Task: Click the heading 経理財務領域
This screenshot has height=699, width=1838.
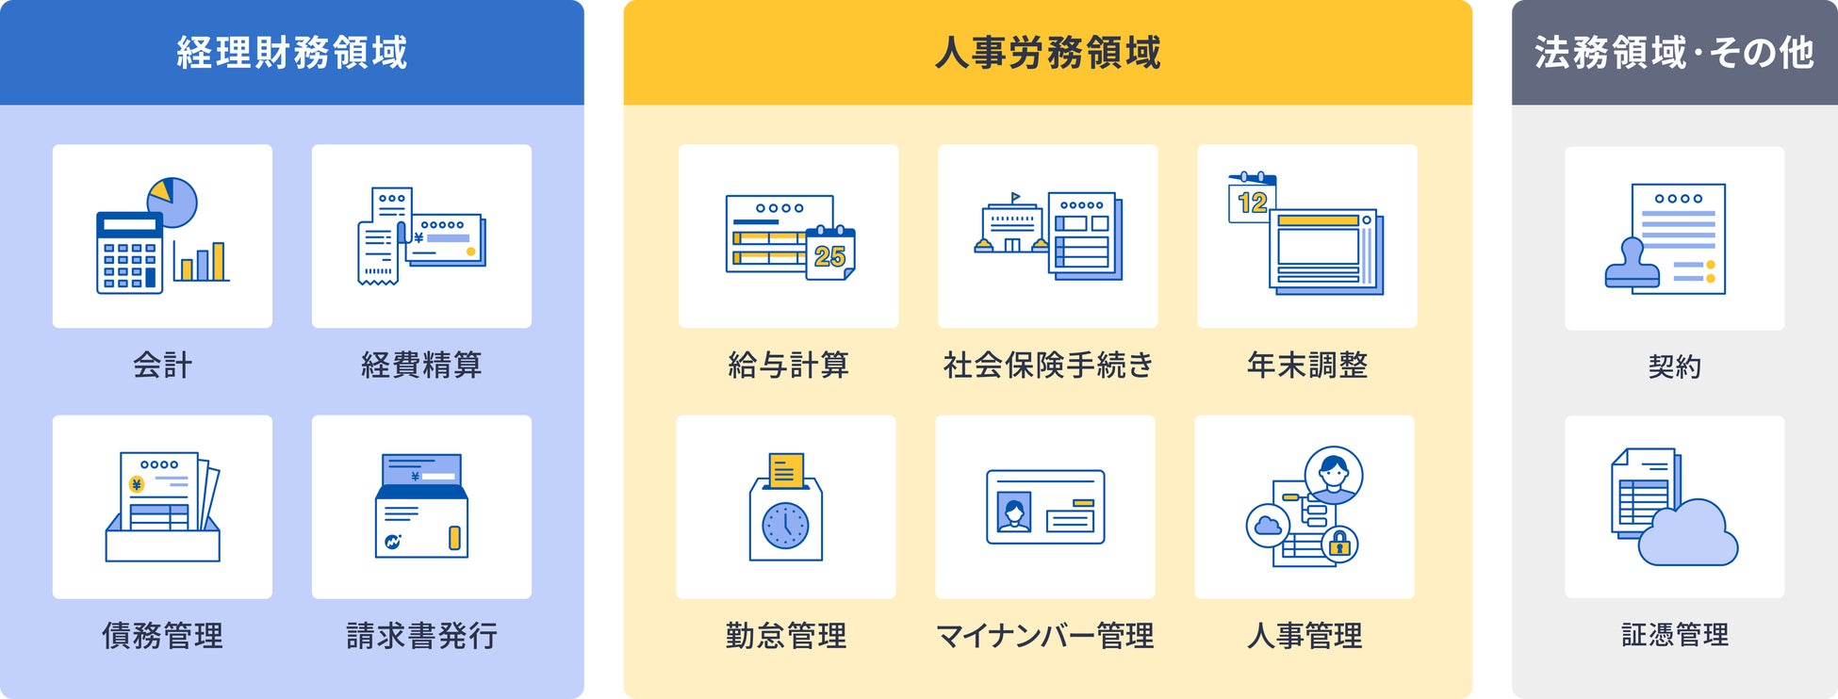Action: tap(291, 53)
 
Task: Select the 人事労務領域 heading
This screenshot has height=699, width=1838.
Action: tap(1047, 53)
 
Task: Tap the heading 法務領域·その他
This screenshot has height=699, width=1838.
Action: tap(1674, 53)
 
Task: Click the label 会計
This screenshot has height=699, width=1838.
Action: tap(162, 365)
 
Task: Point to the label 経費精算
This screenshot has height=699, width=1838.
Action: tap(421, 365)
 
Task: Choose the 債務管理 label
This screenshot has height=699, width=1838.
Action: tap(162, 636)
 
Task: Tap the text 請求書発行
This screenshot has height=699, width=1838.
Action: tap(421, 636)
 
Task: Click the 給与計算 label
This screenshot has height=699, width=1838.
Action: tap(788, 365)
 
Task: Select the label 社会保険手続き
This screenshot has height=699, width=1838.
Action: tap(1047, 365)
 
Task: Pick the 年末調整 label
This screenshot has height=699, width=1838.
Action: tap(1306, 365)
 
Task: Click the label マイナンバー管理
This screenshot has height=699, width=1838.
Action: tap(1044, 636)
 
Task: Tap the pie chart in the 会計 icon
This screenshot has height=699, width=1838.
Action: tap(172, 202)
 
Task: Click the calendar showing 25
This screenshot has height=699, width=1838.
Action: tap(829, 253)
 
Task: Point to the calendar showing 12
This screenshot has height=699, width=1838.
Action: tap(1251, 200)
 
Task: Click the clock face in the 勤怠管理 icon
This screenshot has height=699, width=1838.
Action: tap(785, 526)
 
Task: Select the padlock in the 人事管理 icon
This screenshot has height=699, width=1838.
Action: tap(1338, 544)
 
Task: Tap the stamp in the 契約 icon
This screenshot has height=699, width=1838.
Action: tap(1632, 266)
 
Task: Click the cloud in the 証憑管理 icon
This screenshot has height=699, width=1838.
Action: tap(1688, 535)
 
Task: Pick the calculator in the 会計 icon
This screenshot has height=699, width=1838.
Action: tap(129, 252)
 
